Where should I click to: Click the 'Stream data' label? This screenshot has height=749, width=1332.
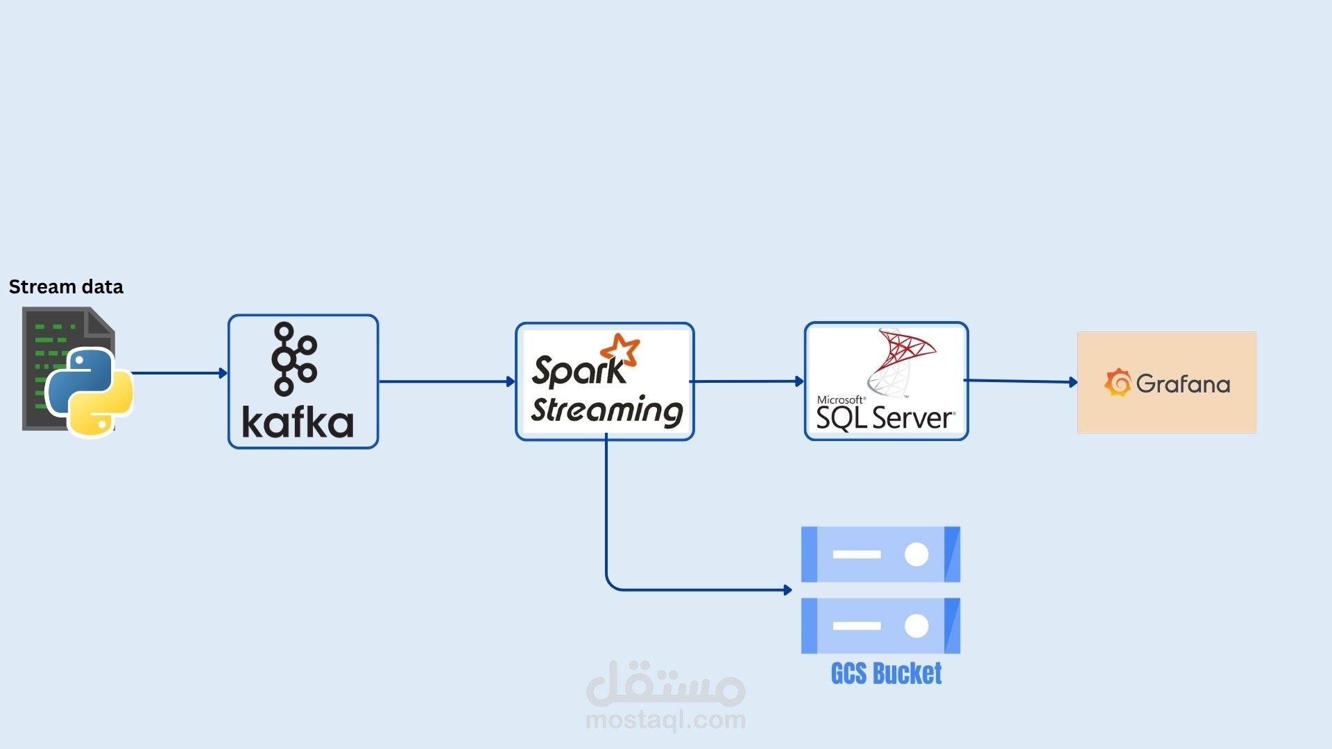[66, 287]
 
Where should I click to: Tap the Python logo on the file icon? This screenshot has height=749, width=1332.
[89, 392]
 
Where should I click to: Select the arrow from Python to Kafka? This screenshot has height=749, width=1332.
[180, 373]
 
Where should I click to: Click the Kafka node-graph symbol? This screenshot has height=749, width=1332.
[294, 359]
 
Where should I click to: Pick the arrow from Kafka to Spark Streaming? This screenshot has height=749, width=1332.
[447, 381]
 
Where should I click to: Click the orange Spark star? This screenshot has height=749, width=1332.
[620, 350]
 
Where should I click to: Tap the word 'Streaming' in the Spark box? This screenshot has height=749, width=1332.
[607, 410]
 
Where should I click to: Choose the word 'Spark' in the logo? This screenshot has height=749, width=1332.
[579, 370]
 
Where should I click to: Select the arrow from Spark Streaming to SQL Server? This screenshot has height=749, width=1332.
[747, 381]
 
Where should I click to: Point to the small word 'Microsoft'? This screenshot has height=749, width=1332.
[841, 400]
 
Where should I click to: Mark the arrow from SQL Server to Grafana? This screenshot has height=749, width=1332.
[1021, 381]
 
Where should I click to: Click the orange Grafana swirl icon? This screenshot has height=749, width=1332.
[1118, 383]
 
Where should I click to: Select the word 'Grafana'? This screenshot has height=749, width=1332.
[1183, 384]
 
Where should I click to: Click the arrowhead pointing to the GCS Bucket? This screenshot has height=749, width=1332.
[787, 590]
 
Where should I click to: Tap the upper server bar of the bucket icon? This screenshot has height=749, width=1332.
[880, 554]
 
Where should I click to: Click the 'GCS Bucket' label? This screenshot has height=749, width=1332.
[886, 673]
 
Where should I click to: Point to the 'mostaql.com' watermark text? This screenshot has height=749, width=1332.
[665, 721]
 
